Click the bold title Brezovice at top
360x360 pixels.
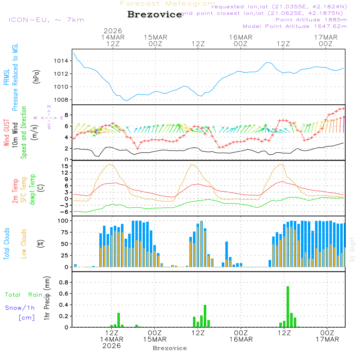coord(154,14)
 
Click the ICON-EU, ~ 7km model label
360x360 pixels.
coord(46,20)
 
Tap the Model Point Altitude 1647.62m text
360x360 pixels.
coord(294,26)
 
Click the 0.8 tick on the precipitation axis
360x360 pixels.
coord(63,283)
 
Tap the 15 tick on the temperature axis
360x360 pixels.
coord(65,166)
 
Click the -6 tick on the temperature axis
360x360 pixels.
coord(65,212)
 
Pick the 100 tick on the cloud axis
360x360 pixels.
coord(63,220)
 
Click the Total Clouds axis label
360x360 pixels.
coord(6,243)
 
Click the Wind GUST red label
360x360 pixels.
coord(6,133)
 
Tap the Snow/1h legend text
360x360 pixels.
coord(20,308)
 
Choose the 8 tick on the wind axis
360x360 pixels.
coord(67,115)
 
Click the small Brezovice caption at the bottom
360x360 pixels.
coord(170,348)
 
